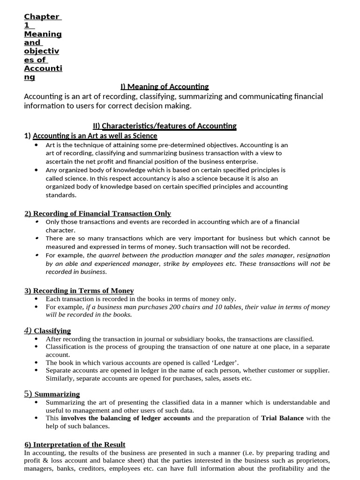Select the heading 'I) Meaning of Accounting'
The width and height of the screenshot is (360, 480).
pyautogui.click(x=164, y=86)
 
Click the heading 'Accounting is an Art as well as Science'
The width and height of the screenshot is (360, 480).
pyautogui.click(x=95, y=136)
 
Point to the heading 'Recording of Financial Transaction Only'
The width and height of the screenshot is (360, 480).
pyautogui.click(x=102, y=213)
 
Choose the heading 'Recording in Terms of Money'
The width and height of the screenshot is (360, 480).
pyautogui.click(x=83, y=291)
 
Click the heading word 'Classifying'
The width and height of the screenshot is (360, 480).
pyautogui.click(x=52, y=331)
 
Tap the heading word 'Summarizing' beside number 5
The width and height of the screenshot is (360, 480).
pyautogui.click(x=57, y=394)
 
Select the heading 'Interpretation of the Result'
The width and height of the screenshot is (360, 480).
pyautogui.click(x=79, y=444)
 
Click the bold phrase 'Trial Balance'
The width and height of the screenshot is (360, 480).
pyautogui.click(x=282, y=418)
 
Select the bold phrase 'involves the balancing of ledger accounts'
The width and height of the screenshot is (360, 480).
pyautogui.click(x=126, y=418)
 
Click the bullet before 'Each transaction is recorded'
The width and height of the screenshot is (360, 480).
pyautogui.click(x=37, y=299)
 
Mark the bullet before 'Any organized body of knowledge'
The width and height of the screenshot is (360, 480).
pyautogui.click(x=37, y=170)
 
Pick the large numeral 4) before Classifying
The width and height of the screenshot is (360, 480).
pyautogui.click(x=28, y=330)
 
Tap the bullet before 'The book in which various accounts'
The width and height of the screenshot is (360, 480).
pyautogui.click(x=37, y=362)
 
